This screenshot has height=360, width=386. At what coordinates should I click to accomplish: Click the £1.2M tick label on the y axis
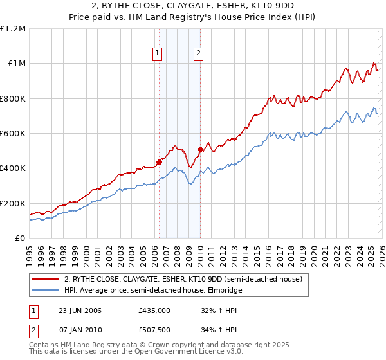(x=13, y=29)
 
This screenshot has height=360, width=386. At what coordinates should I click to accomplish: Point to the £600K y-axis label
(x=13, y=134)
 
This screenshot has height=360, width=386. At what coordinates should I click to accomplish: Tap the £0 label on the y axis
(x=19, y=239)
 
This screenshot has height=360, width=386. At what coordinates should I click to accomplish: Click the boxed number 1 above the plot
(x=158, y=53)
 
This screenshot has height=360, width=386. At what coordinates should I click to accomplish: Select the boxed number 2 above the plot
(x=198, y=53)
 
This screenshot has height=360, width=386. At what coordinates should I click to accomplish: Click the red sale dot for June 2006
(x=159, y=162)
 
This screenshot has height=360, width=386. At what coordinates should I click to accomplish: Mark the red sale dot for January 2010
(x=199, y=150)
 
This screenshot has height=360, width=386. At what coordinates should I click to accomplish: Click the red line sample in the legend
(x=46, y=279)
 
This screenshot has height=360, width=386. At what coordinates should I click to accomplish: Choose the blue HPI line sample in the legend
(x=46, y=291)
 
